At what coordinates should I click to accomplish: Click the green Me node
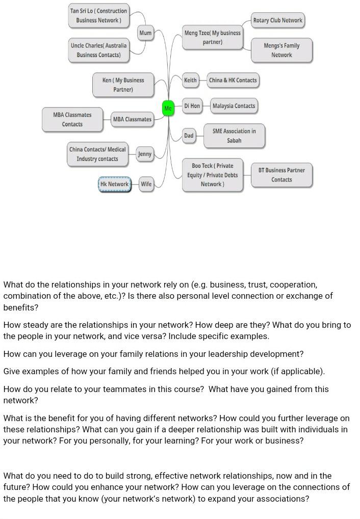tap(168, 108)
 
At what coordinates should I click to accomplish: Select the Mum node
tap(145, 33)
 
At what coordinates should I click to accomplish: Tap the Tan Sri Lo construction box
tap(98, 16)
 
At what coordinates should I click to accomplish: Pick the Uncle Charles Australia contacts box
tap(98, 50)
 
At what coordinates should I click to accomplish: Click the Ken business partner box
tap(123, 85)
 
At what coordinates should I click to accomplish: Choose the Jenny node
tap(145, 154)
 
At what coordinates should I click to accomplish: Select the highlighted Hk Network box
tap(115, 184)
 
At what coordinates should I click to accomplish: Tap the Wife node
tap(146, 184)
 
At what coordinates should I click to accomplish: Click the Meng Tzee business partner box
tap(212, 37)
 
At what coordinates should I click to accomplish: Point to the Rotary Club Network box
tap(278, 20)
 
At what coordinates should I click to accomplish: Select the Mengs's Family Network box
tap(281, 50)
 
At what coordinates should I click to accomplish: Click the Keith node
tap(190, 80)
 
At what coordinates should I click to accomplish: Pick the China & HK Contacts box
tap(233, 80)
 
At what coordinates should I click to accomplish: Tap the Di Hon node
tap(192, 106)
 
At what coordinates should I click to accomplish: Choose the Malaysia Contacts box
tap(234, 106)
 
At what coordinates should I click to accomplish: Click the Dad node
tap(189, 136)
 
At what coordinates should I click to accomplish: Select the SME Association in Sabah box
tap(234, 136)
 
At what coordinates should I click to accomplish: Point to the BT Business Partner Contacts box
tap(281, 175)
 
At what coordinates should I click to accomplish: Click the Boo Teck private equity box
tap(212, 175)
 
